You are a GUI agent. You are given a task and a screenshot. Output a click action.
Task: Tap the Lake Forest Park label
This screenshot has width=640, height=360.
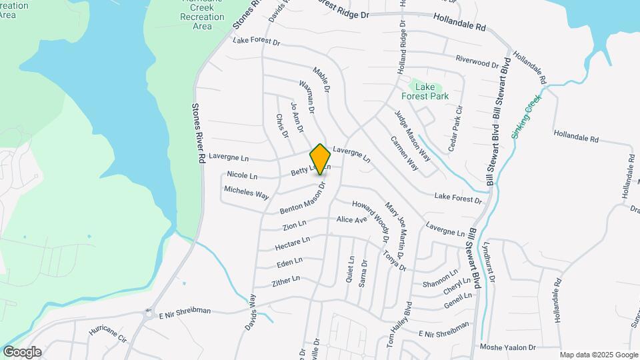[431, 91]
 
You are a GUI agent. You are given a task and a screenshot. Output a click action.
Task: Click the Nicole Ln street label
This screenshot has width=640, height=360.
[242, 175]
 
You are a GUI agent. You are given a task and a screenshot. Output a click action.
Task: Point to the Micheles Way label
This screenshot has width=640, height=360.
[246, 193]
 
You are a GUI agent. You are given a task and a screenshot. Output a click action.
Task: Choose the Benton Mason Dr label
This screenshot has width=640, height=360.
[302, 199]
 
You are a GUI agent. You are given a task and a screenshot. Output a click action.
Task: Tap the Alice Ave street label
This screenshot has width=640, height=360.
[352, 219]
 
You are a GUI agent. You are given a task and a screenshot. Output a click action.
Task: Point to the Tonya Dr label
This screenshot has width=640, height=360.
[394, 260]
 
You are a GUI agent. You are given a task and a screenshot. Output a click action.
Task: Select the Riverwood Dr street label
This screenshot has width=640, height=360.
[477, 61]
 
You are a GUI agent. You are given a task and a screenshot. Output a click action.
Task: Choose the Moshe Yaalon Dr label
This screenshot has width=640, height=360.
[508, 347]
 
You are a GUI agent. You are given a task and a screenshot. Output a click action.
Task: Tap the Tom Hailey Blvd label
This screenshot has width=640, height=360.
[400, 326]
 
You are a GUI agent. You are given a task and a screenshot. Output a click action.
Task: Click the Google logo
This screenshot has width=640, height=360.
[21, 352]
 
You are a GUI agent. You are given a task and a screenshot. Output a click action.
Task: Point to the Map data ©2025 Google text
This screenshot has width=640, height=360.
[598, 355]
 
